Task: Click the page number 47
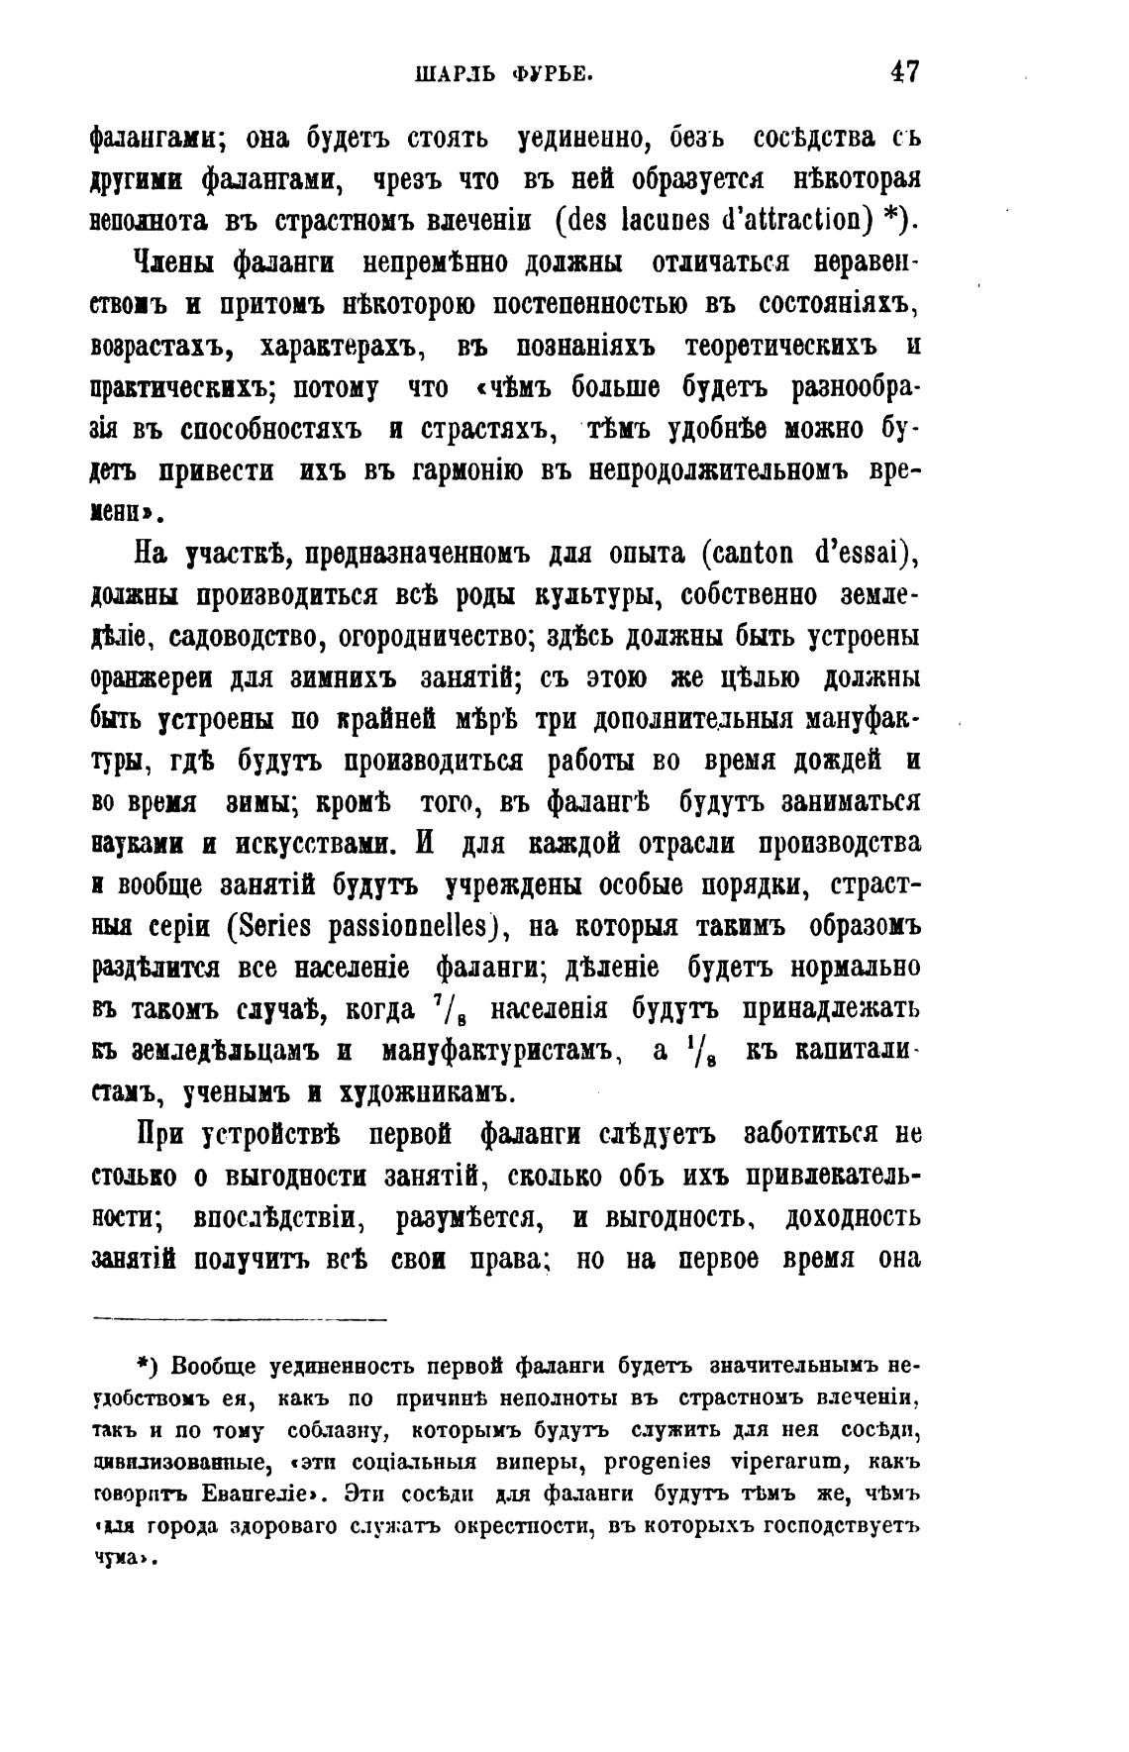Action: click(905, 72)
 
